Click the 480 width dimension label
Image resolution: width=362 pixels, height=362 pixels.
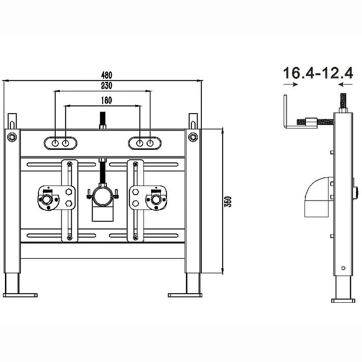coord(106,75)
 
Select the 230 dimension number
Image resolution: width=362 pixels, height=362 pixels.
coord(106,86)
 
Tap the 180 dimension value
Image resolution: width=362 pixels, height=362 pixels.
coord(106,100)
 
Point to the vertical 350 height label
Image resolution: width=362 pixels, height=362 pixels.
coord(228,201)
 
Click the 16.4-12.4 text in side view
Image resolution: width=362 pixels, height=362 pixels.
coord(318,73)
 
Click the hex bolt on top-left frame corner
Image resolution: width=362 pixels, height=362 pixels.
coord(12,137)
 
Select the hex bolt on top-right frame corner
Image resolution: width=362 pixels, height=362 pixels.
coord(193,137)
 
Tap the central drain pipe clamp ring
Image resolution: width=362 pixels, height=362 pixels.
coord(103,197)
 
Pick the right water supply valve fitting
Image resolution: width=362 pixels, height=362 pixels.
coord(156,199)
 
